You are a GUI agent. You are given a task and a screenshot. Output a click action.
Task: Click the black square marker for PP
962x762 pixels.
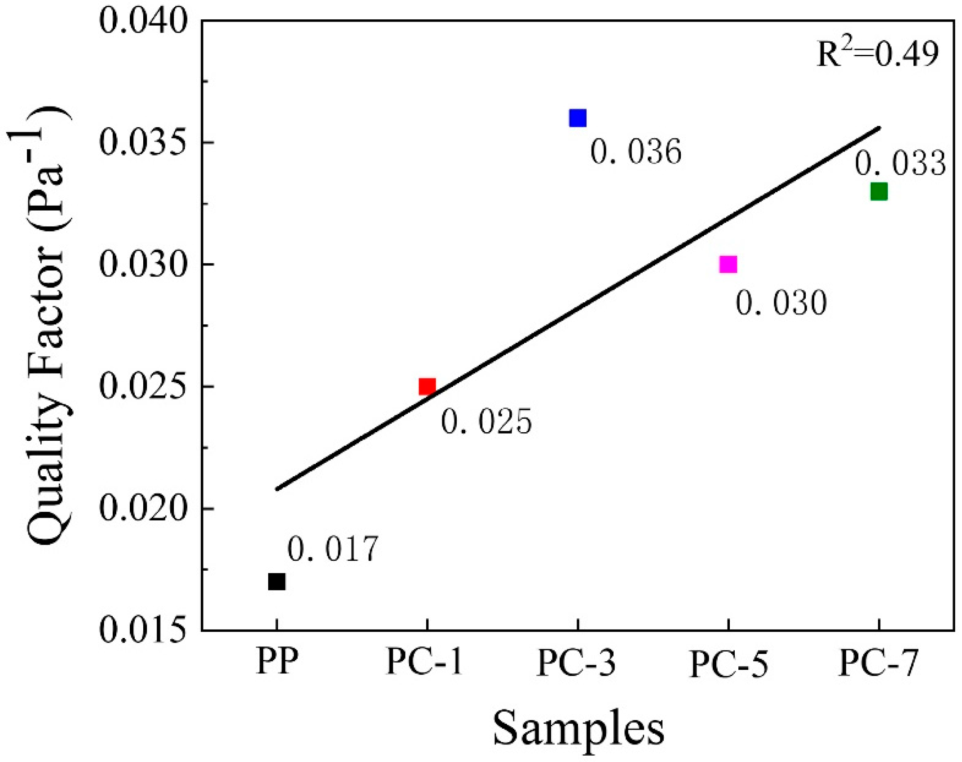[277, 581]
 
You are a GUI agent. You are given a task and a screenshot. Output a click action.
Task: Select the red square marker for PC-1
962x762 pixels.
[427, 386]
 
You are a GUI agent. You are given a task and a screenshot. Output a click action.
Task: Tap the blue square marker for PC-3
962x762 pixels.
[578, 118]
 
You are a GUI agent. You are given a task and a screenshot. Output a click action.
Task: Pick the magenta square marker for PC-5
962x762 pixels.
[728, 264]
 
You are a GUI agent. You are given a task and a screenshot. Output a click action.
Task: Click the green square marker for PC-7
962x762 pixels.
[878, 192]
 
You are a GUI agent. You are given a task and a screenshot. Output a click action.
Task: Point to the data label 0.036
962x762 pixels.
[635, 152]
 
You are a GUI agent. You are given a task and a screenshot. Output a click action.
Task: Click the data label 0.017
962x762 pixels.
[333, 549]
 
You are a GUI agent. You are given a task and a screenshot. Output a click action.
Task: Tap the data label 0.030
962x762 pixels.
[781, 303]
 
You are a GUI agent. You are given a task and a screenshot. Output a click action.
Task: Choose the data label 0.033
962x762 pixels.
[900, 164]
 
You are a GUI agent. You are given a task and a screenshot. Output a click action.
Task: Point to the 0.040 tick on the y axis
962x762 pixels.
[142, 22]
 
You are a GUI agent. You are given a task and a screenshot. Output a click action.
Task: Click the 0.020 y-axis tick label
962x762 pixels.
[142, 509]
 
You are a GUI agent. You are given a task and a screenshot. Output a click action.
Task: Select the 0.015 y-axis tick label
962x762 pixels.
[142, 630]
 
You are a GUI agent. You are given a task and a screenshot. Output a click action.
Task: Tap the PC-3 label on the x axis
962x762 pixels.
[576, 663]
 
